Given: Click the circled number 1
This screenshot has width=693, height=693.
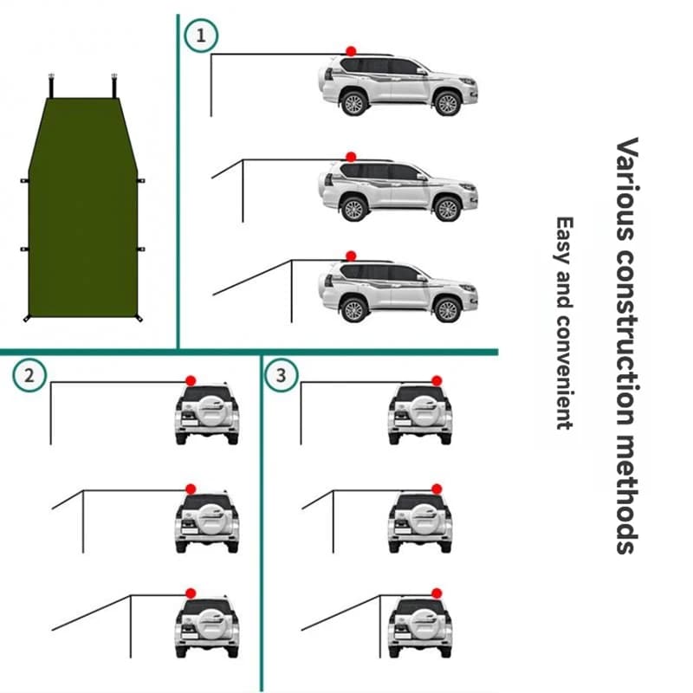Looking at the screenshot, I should (x=201, y=36).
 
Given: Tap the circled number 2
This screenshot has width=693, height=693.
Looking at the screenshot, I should (x=30, y=375).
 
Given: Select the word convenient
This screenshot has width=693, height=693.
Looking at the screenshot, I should (x=566, y=372).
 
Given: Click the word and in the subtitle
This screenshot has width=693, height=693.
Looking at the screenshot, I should (x=566, y=291).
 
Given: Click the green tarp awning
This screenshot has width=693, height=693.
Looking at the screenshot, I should (x=83, y=208).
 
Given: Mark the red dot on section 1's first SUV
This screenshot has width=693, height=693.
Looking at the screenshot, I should (x=351, y=52).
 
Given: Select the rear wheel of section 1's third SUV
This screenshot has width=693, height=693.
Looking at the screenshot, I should (x=353, y=309).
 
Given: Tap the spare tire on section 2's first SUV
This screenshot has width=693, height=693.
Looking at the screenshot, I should (x=207, y=411).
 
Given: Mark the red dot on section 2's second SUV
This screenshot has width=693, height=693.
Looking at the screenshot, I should (x=190, y=489).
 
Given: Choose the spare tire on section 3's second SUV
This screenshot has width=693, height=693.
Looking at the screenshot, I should (x=420, y=520).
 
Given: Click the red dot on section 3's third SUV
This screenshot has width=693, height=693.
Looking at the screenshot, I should (x=436, y=593).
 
